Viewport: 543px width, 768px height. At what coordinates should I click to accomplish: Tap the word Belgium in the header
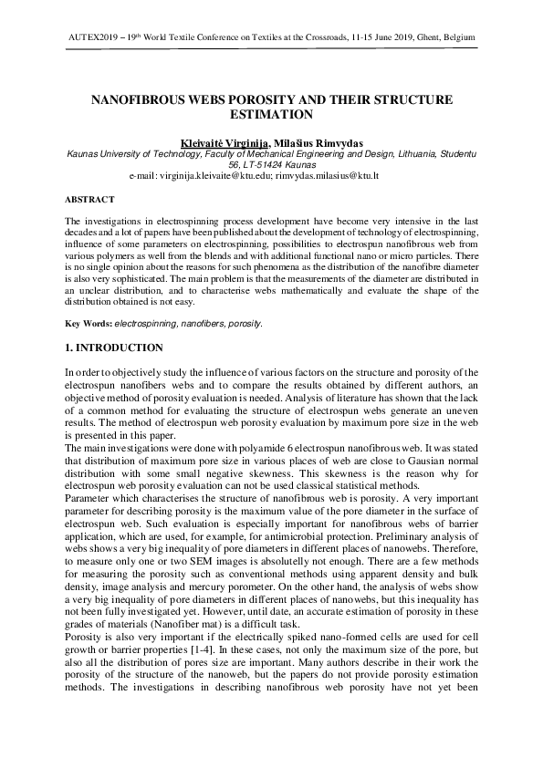[x=455, y=37]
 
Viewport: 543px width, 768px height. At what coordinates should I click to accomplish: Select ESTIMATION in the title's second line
[x=271, y=115]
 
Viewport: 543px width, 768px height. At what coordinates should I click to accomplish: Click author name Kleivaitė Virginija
[x=219, y=144]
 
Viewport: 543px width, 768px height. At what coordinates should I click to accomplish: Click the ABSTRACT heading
[x=89, y=199]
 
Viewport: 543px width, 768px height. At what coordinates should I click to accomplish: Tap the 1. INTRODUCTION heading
[x=114, y=348]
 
